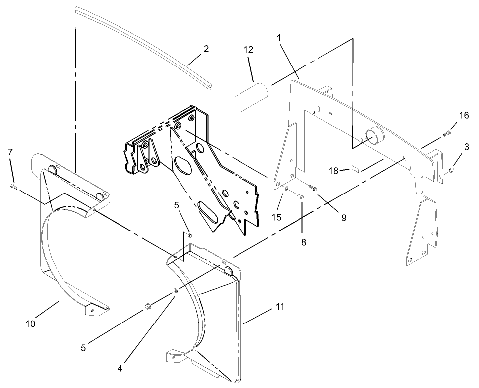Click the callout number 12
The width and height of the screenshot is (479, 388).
pyautogui.click(x=248, y=50)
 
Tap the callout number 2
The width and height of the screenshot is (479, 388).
pyautogui.click(x=206, y=49)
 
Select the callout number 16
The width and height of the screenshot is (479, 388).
pyautogui.click(x=464, y=115)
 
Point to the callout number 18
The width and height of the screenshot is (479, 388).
pyautogui.click(x=334, y=171)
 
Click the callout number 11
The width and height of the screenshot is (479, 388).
pyautogui.click(x=280, y=307)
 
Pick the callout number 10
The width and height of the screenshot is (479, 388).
pyautogui.click(x=31, y=323)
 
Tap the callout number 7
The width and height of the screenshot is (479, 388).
pyautogui.click(x=10, y=151)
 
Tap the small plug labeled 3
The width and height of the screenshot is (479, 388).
pyautogui.click(x=451, y=171)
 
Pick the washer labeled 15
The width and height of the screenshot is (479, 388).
pyautogui.click(x=286, y=189)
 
